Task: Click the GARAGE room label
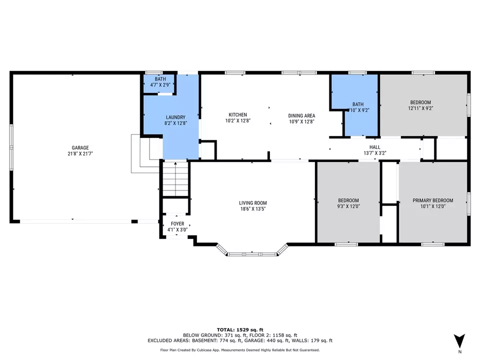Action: coord(80,147)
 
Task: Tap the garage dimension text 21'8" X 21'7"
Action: coord(80,154)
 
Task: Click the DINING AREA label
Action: coord(301,114)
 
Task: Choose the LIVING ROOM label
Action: coord(252,203)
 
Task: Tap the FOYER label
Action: coord(177,223)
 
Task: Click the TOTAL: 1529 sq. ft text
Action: coord(239,329)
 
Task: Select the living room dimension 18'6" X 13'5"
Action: coord(252,209)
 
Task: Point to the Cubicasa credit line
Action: coord(239,350)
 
